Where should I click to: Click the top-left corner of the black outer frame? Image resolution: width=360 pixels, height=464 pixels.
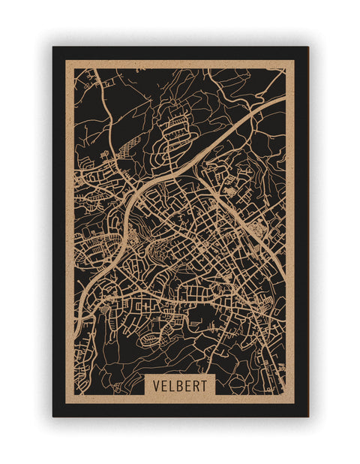point(53,47)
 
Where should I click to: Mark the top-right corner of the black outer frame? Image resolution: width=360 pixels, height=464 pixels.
point(307,47)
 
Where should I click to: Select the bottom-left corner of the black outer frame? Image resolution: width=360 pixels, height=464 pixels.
point(53,416)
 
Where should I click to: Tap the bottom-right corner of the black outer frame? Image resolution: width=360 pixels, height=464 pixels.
point(307,416)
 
